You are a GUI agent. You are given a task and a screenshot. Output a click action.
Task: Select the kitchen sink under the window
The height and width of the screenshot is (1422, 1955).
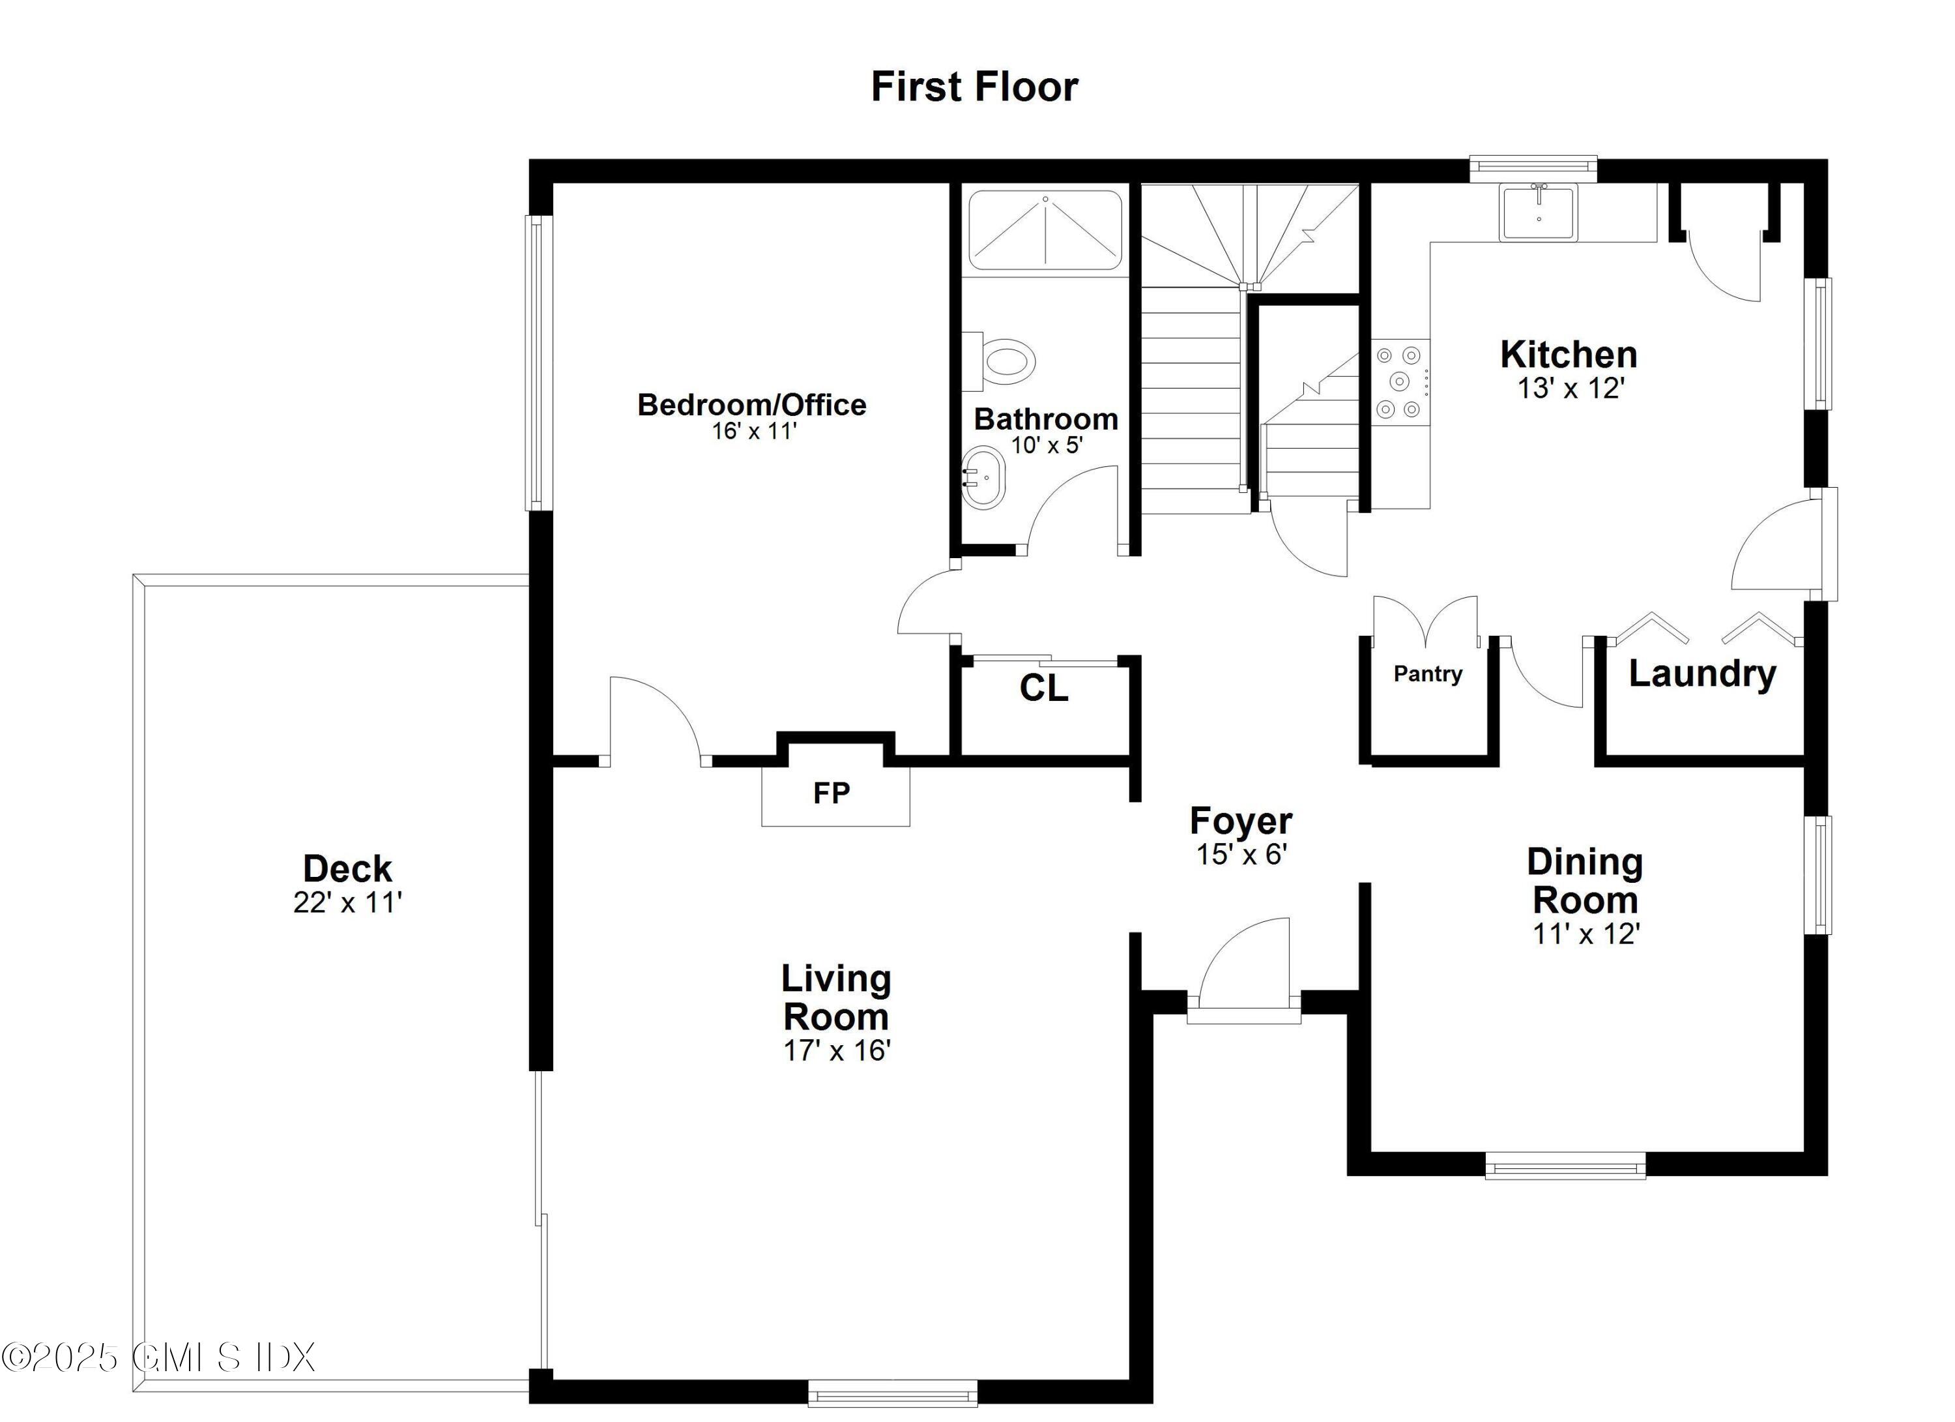point(1539,212)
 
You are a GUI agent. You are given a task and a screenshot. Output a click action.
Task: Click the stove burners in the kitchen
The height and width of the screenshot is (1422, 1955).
point(1399,381)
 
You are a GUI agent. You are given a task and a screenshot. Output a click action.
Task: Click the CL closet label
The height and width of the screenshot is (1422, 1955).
point(1043,688)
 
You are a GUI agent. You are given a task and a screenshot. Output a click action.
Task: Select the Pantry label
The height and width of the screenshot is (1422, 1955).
point(1427,674)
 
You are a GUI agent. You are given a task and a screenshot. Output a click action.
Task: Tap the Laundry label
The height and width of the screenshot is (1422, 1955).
point(1702,674)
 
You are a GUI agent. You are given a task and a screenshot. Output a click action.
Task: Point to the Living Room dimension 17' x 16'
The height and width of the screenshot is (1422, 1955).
point(836,1050)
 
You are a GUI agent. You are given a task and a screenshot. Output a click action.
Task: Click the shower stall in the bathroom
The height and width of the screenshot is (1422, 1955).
point(1045,230)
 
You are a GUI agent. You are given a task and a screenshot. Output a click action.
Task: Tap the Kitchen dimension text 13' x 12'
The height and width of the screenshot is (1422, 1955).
point(1571,389)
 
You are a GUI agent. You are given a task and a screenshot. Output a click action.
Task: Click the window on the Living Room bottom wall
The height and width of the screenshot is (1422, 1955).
point(892,1393)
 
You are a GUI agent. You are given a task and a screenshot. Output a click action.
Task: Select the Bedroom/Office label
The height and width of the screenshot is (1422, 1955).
point(751,404)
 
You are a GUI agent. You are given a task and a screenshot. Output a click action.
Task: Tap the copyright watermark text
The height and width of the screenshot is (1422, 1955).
point(160,1356)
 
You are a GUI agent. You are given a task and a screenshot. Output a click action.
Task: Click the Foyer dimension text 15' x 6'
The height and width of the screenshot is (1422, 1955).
point(1241,855)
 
